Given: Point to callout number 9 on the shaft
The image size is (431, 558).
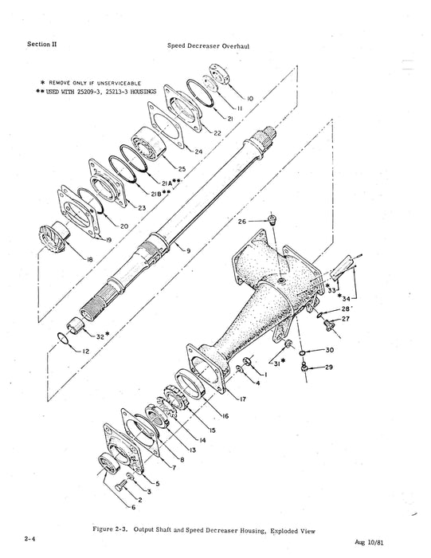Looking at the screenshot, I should coord(188,251).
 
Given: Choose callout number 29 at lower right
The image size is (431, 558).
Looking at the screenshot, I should coord(328,367).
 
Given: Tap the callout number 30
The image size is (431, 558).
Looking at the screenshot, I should coord(331,349).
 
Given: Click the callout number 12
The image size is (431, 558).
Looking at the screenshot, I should coord(84,351).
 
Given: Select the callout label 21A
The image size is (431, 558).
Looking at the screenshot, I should coord(168,182).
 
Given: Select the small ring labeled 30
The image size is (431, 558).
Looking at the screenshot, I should coord(308,349).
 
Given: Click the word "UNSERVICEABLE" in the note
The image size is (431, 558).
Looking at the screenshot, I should coord(121,81).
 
